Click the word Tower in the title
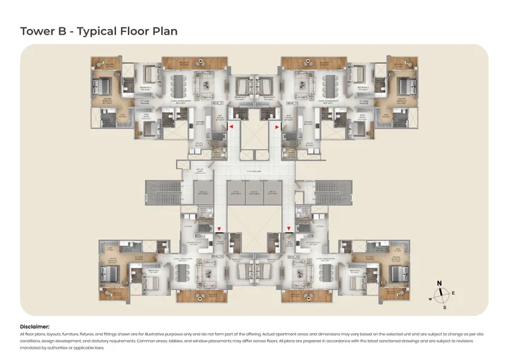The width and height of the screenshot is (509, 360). point(36,31)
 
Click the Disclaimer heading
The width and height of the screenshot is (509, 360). point(40,326)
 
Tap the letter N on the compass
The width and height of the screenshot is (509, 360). point(439,284)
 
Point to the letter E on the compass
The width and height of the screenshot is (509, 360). point(453,292)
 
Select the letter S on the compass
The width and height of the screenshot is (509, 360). point(444,308)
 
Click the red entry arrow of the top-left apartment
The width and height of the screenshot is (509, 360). point(230,126)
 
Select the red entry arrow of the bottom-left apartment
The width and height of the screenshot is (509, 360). point(219,228)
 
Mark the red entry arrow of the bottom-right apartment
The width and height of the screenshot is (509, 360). point(288,228)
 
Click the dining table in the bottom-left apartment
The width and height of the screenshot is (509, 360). point(177,272)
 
